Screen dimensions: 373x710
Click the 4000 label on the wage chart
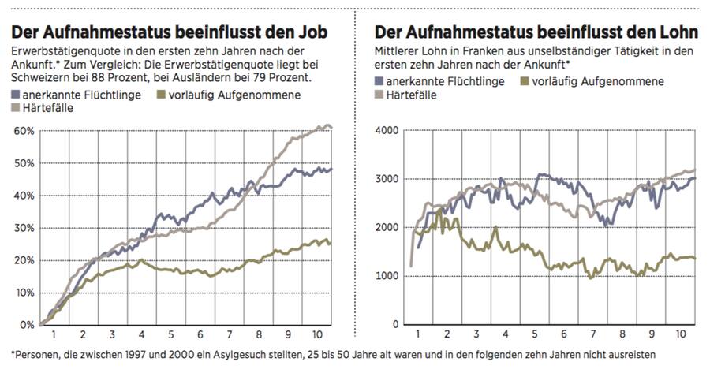coord(388,131)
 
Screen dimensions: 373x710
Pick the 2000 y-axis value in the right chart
coord(388,228)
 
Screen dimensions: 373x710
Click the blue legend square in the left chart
coord(17,95)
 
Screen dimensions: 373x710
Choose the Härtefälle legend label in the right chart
coord(418,95)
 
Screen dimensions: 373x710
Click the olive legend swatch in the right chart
coord(526,81)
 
